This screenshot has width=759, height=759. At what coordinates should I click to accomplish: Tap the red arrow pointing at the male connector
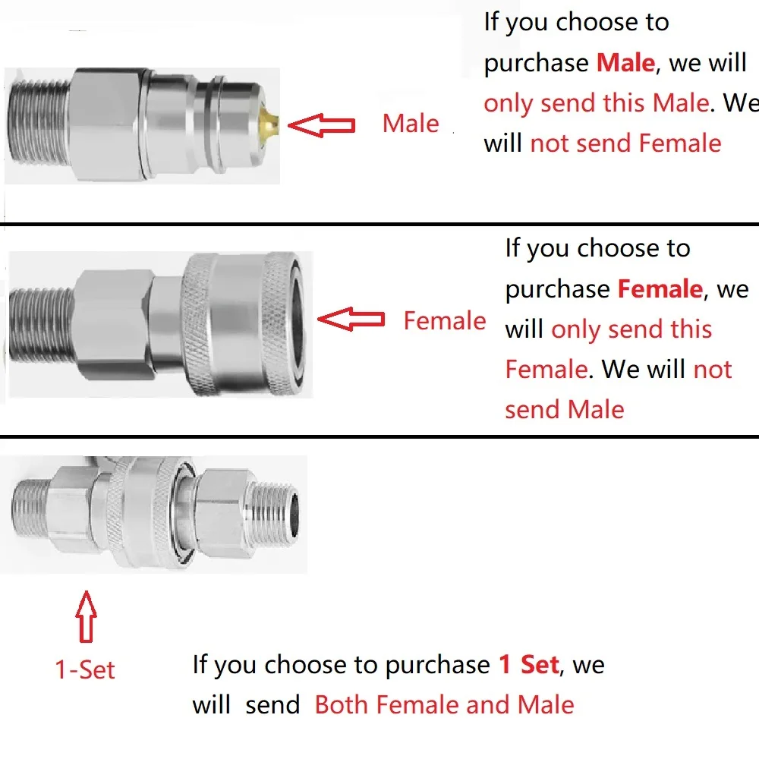321,125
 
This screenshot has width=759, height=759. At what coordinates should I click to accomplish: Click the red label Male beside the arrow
411,124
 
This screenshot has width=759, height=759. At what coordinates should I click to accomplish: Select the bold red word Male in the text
626,63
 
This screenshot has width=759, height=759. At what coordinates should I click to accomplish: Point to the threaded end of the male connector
39,125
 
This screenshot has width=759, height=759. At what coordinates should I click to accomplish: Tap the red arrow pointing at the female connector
351,320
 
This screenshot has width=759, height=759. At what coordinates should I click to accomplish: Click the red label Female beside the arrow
445,321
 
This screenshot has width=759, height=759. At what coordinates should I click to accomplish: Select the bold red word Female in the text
660,289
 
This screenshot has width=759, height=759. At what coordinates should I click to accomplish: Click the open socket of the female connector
294,323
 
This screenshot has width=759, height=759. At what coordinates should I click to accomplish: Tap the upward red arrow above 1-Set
87,616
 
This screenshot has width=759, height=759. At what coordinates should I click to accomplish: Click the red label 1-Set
85,670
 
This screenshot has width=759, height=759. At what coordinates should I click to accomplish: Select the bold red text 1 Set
529,664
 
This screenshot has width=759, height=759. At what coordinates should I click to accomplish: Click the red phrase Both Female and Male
444,705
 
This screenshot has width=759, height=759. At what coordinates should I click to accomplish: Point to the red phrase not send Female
626,143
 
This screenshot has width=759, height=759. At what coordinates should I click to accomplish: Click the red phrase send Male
565,410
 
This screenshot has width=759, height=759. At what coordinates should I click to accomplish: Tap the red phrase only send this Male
597,103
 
